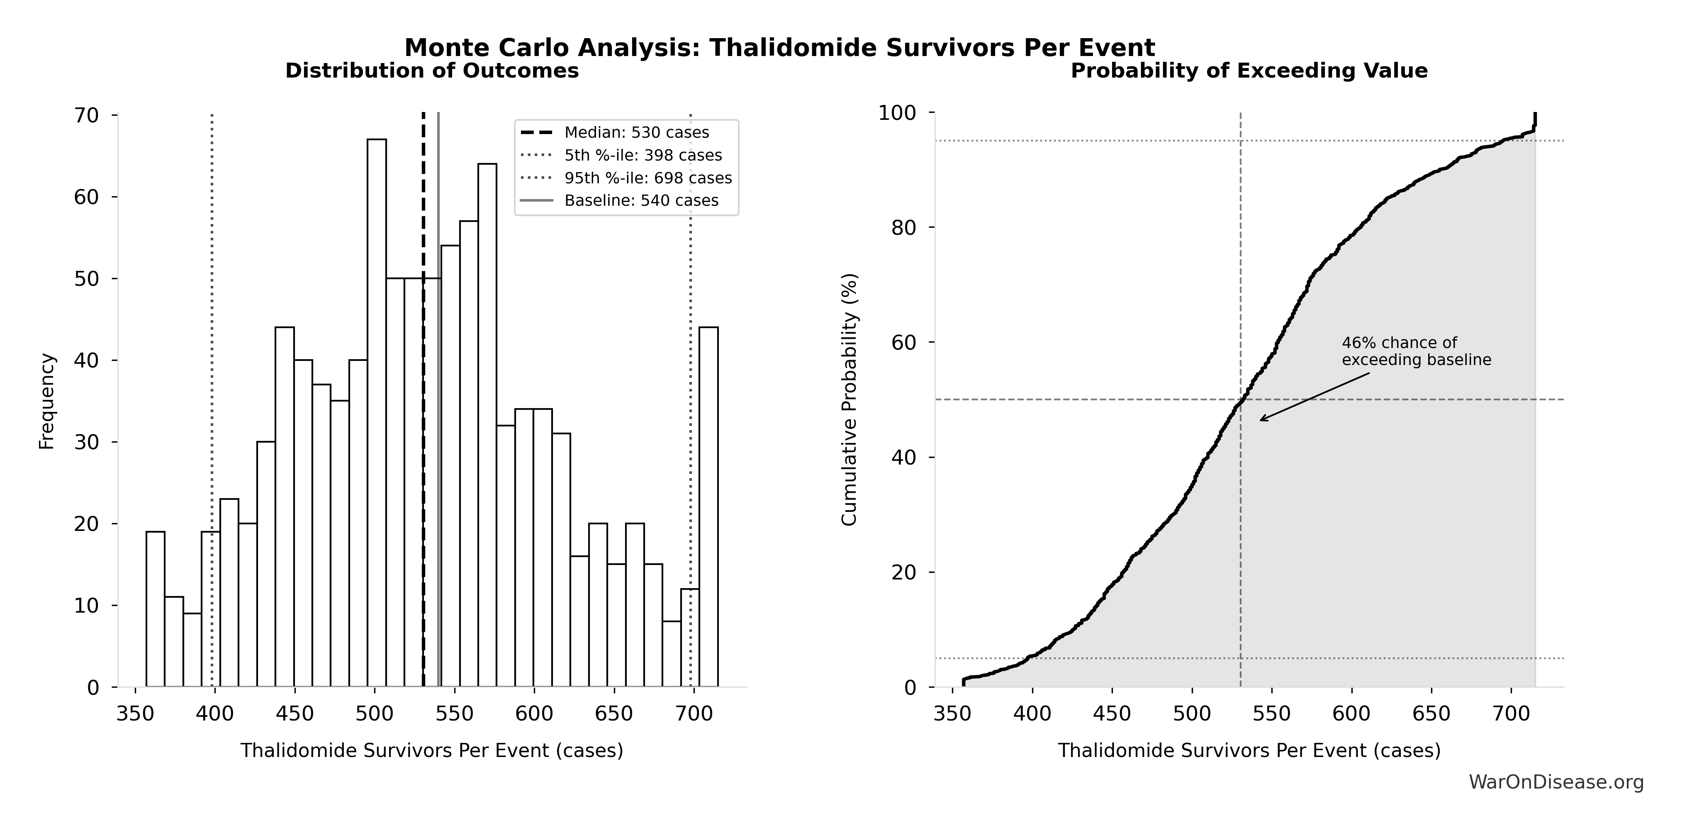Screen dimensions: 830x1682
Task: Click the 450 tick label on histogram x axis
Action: coord(295,714)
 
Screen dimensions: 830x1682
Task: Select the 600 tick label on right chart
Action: coord(1351,714)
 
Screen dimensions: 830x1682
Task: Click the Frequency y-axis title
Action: coord(47,401)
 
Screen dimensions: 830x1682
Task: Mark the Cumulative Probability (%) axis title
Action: coord(848,400)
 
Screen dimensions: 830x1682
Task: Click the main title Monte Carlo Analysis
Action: coord(780,48)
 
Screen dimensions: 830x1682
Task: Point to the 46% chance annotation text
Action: coord(1416,351)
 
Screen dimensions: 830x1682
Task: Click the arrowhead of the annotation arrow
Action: coord(1261,420)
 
